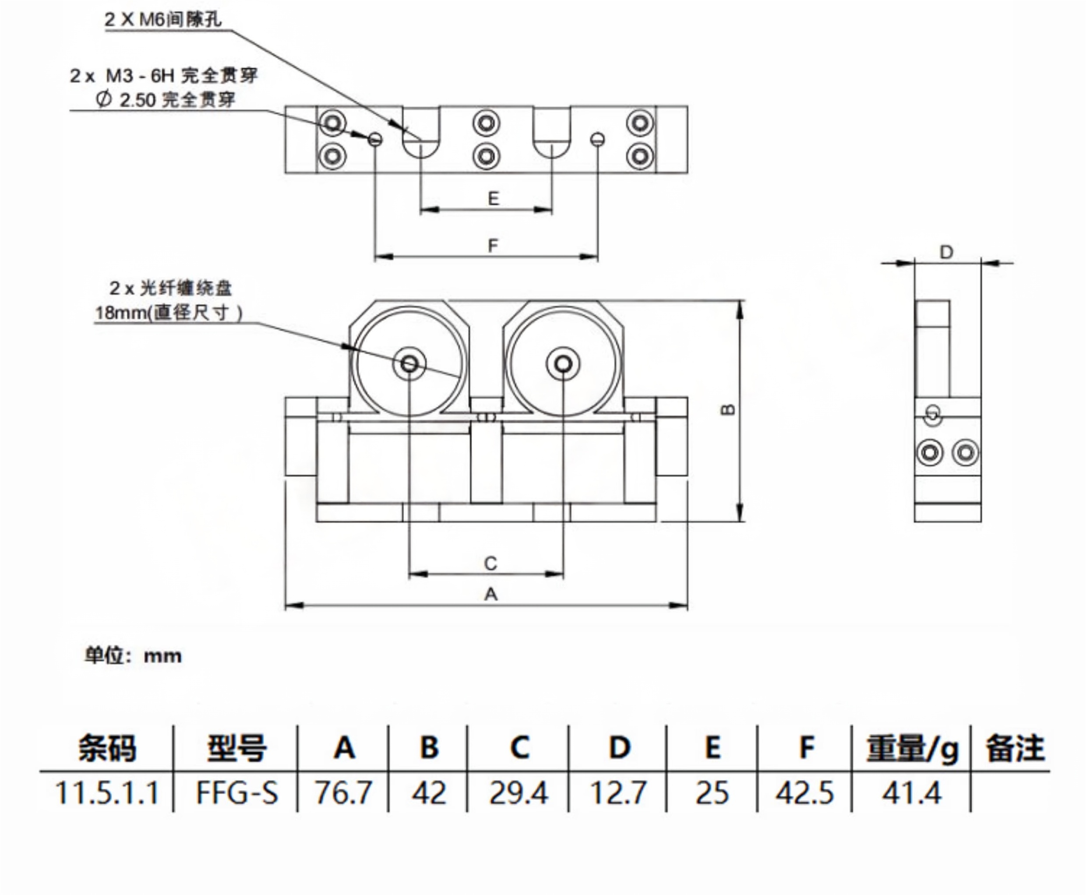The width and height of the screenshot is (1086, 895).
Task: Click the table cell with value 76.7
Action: pyautogui.click(x=343, y=793)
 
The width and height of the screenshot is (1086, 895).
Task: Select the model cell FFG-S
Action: pyautogui.click(x=237, y=793)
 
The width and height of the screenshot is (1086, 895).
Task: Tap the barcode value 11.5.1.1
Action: pyautogui.click(x=107, y=793)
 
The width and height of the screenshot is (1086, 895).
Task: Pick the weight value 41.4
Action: pyautogui.click(x=911, y=793)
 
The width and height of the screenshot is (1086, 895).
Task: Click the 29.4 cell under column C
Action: pyautogui.click(x=518, y=793)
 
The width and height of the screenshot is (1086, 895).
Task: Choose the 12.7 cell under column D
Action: pyautogui.click(x=618, y=793)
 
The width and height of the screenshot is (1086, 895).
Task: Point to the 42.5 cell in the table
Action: pyautogui.click(x=804, y=793)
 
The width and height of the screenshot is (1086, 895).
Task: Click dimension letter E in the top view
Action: pyautogui.click(x=494, y=198)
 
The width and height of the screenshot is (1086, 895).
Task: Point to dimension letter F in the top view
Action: pyautogui.click(x=493, y=245)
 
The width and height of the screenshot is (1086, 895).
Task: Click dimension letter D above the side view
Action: pyautogui.click(x=947, y=252)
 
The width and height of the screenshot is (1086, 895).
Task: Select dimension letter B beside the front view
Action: pyautogui.click(x=728, y=410)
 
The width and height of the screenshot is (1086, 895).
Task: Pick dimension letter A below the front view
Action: pyautogui.click(x=491, y=595)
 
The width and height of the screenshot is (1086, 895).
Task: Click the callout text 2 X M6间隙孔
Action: pyautogui.click(x=163, y=20)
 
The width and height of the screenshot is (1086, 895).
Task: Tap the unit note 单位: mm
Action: pyautogui.click(x=133, y=656)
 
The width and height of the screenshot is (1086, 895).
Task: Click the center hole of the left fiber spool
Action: pyautogui.click(x=409, y=364)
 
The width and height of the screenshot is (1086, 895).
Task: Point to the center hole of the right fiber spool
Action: pyautogui.click(x=563, y=364)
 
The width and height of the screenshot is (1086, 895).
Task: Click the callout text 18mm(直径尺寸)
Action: pyautogui.click(x=169, y=313)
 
